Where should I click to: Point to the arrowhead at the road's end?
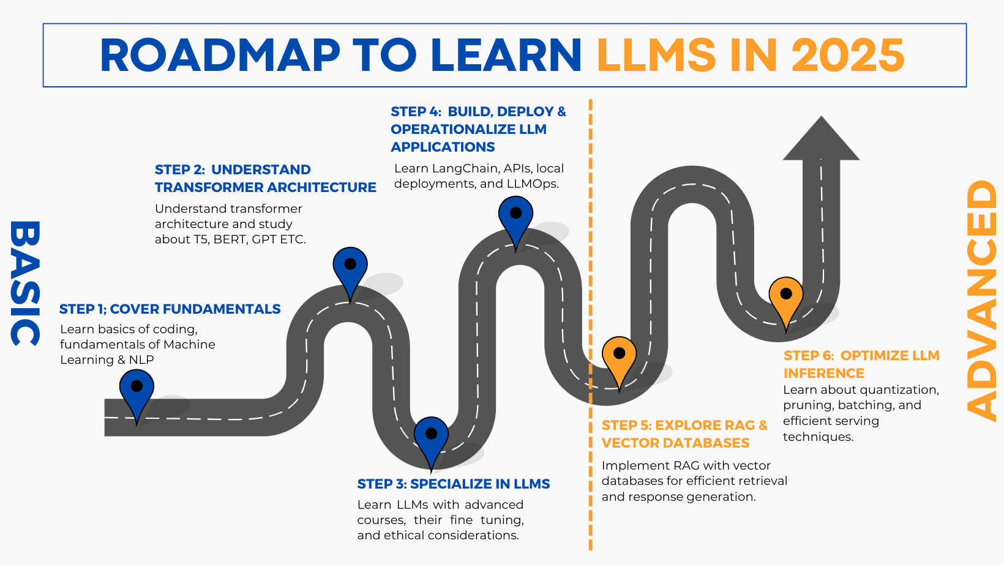pos(821,141)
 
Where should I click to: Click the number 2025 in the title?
pos(847,56)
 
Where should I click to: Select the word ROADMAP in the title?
pos(220,56)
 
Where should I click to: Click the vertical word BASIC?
pos(25,282)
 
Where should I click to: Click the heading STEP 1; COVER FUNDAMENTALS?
pos(170,309)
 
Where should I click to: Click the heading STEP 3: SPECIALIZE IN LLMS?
pos(453,484)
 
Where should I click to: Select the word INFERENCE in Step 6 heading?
pos(823,374)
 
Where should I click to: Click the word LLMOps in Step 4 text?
pos(531,184)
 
